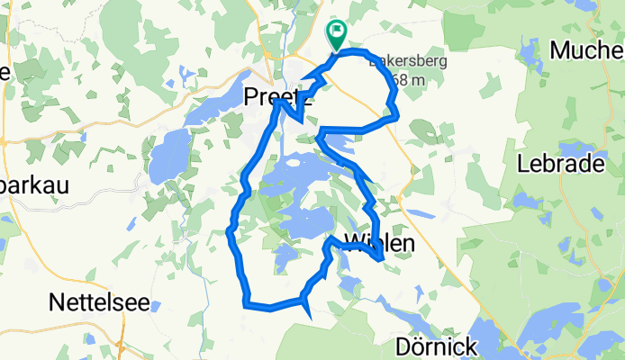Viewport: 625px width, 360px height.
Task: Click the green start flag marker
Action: point(336,35)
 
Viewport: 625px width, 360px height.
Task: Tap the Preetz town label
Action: point(280,94)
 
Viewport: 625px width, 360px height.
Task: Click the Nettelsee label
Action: point(100,301)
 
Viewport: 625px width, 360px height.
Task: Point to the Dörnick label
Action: point(436,346)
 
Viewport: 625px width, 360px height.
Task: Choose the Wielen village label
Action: point(380,242)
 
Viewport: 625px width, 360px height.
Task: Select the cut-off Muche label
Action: point(585,49)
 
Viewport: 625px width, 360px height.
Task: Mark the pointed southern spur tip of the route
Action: point(311,317)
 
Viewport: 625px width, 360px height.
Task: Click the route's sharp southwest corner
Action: point(246,304)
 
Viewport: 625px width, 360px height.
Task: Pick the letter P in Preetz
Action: point(254,94)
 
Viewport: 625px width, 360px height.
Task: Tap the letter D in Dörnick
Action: point(403,346)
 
